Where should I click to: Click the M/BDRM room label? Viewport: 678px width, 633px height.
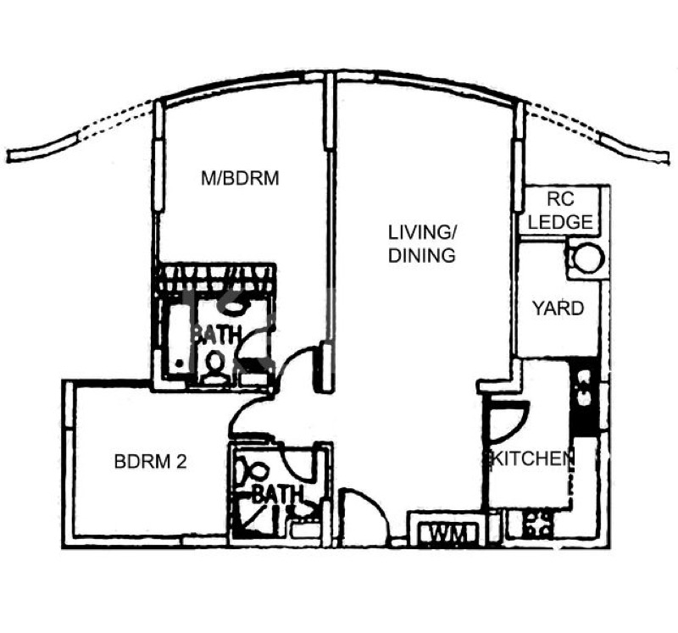click(x=240, y=179)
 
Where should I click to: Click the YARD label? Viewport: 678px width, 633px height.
click(x=558, y=308)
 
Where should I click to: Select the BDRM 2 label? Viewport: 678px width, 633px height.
click(x=150, y=462)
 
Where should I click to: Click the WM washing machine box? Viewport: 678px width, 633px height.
click(x=444, y=534)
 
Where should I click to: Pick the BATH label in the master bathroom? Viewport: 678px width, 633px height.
click(x=215, y=334)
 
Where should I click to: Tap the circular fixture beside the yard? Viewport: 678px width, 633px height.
click(x=586, y=258)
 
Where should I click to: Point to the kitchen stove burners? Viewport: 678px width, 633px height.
click(x=536, y=525)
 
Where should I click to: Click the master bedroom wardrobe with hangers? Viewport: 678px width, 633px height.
click(x=217, y=277)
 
